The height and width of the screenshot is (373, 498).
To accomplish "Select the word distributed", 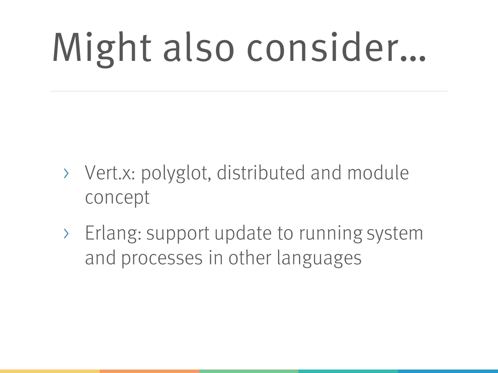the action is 261,172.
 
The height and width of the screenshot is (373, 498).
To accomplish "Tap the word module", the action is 378,172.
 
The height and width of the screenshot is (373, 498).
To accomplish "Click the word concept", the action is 117,198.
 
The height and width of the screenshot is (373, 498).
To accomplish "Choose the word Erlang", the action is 113,234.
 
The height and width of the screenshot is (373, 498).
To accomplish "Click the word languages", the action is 319,259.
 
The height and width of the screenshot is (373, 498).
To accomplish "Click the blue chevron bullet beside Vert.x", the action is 66,173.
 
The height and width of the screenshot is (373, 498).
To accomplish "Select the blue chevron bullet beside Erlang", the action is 66,234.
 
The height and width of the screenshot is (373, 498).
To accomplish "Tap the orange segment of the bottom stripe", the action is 149,371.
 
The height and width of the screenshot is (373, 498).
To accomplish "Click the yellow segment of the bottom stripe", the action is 50,371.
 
